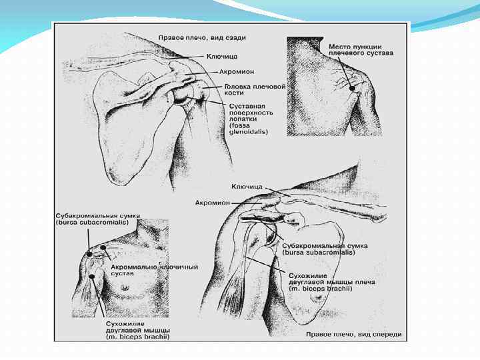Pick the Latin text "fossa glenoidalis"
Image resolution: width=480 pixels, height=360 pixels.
point(248,128)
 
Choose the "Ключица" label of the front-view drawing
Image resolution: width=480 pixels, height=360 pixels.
point(247,187)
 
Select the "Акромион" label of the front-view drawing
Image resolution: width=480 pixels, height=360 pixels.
point(213,201)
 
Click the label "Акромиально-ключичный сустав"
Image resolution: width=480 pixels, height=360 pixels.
point(154,270)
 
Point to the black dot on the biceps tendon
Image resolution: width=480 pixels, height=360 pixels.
point(91,275)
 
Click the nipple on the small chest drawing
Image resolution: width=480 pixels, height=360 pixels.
point(124,287)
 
